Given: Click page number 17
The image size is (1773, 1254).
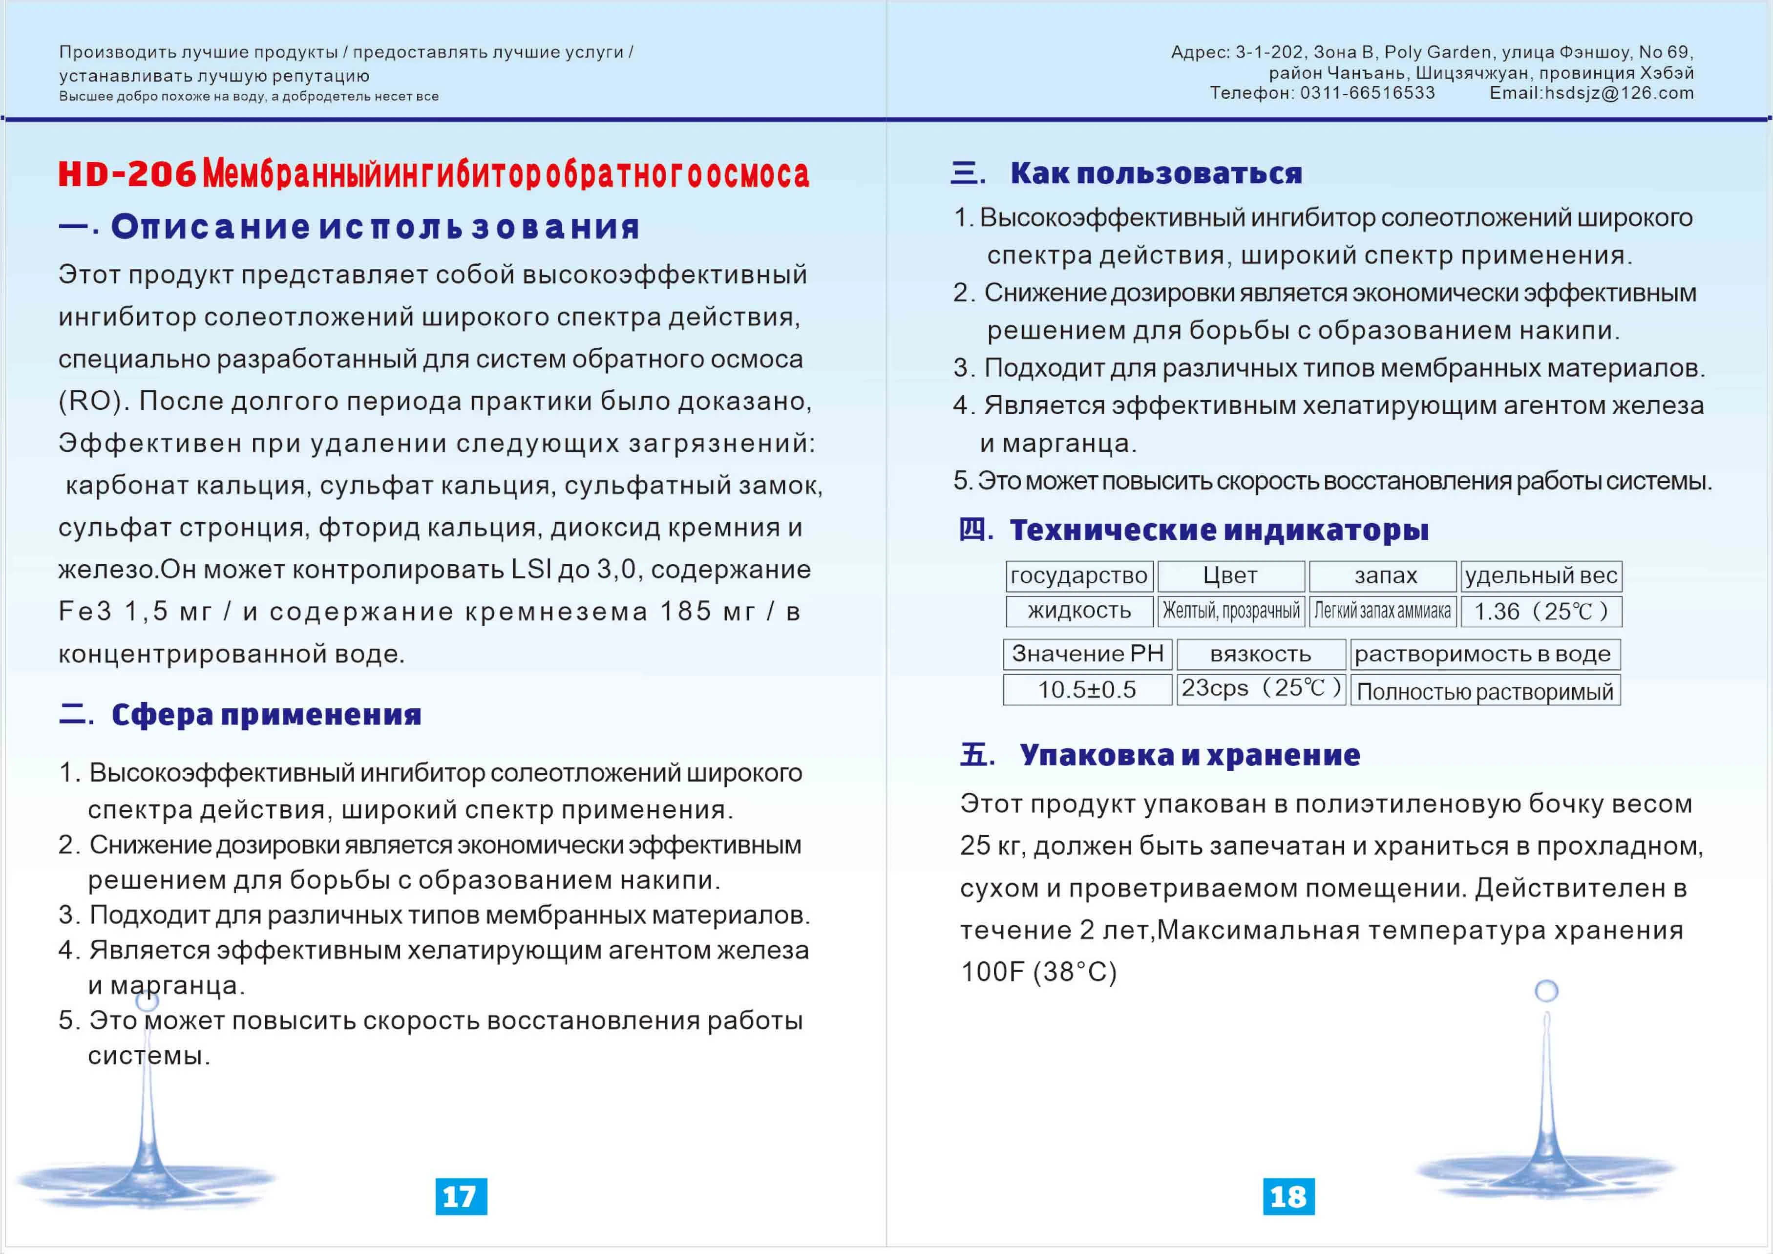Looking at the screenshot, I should point(461,1196).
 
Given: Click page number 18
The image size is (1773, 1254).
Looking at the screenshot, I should point(1288,1196).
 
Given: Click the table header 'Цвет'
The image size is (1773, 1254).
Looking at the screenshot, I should point(1230,576).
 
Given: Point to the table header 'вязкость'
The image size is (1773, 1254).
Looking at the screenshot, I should point(1260,655).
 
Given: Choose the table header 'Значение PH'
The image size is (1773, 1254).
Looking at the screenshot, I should point(1087,654).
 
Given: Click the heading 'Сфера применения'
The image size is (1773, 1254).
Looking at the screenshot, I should point(266,715).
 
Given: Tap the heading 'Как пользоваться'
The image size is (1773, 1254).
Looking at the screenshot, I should point(1156,174).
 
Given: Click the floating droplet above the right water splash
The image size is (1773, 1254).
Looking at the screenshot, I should point(1546,991).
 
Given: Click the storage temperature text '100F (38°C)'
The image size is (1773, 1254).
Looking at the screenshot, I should point(1038,972).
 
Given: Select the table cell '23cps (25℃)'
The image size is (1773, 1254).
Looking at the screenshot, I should point(1260,688).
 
